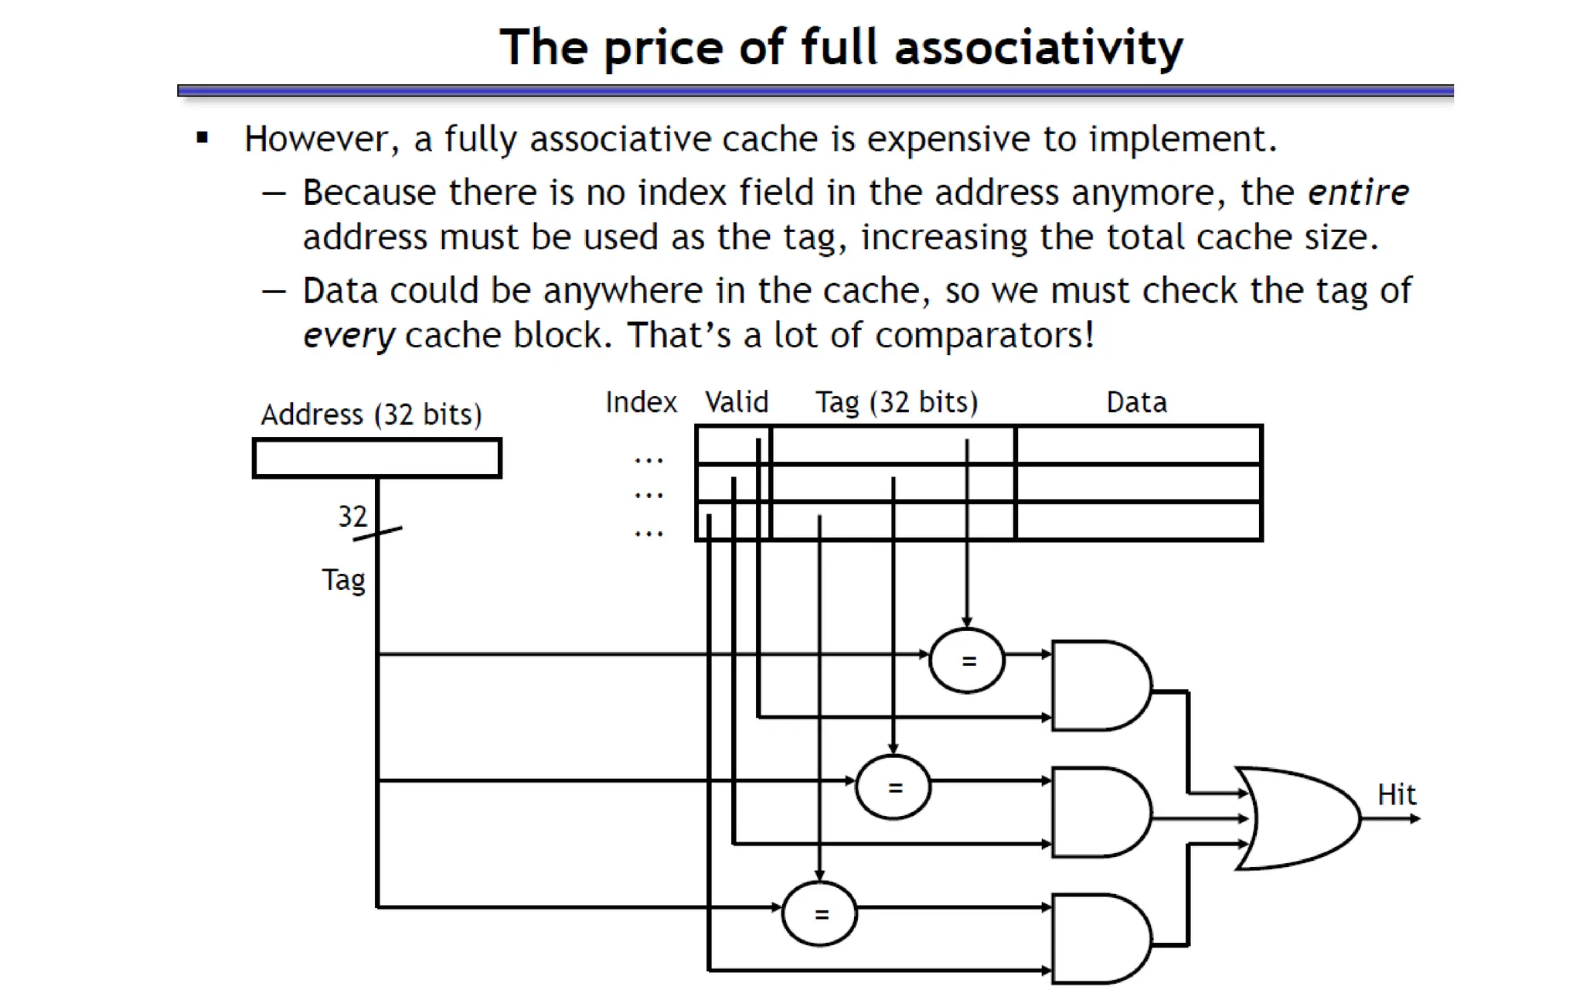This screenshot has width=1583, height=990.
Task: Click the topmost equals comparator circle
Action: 967,661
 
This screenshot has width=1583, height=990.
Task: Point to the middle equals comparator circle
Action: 894,787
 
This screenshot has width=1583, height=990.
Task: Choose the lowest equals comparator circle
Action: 820,914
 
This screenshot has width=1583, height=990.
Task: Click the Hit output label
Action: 1396,795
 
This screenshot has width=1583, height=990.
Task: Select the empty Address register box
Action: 377,458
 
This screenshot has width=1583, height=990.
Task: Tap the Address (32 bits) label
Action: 371,415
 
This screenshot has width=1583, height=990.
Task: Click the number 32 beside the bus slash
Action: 352,516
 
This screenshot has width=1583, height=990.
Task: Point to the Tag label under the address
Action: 344,580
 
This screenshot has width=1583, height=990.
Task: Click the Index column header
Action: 641,403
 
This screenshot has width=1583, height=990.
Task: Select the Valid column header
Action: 737,402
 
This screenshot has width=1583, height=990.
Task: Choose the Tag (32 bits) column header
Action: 897,403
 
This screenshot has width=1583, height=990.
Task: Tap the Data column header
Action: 1136,403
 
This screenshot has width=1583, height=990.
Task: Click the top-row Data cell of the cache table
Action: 1139,445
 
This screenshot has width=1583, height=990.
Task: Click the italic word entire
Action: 1358,193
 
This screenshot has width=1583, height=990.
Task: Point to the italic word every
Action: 349,336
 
